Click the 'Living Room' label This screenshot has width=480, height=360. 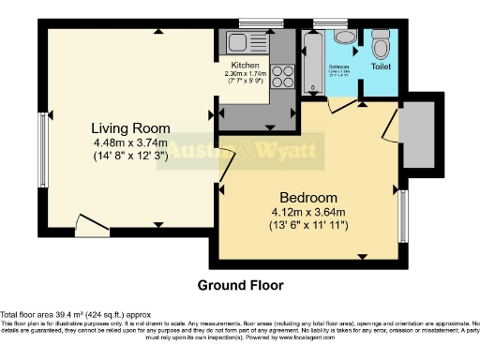pyautogui.click(x=129, y=127)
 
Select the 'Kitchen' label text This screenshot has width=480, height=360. pyautogui.click(x=245, y=65)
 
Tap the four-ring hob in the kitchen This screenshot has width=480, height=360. pyautogui.click(x=284, y=78)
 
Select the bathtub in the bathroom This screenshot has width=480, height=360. pyautogui.click(x=313, y=61)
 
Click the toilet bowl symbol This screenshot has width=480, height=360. pyautogui.click(x=380, y=46)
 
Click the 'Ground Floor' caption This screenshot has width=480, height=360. pyautogui.click(x=239, y=284)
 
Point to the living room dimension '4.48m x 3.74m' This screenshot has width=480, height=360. pyautogui.click(x=130, y=142)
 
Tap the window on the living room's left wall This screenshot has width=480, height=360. pyautogui.click(x=41, y=149)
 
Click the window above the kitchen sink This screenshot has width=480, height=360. pyautogui.click(x=252, y=22)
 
